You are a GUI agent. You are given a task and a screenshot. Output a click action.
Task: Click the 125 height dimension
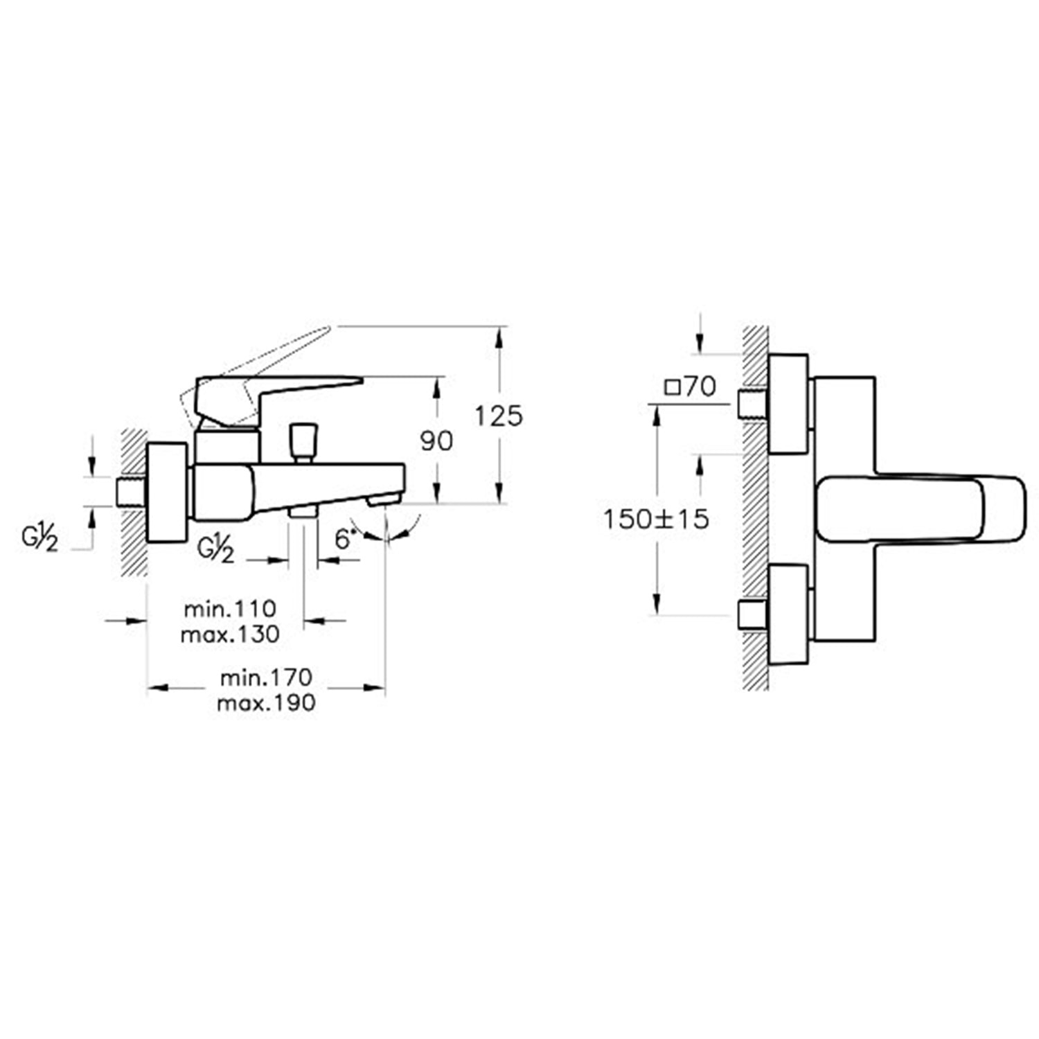[498, 416]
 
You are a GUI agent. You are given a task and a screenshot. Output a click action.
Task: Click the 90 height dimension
[436, 441]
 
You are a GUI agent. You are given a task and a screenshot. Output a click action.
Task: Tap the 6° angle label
[344, 539]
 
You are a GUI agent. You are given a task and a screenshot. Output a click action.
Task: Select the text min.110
[230, 609]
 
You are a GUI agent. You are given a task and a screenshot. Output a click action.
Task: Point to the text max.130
[230, 634]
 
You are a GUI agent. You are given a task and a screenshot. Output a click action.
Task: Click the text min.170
[266, 677]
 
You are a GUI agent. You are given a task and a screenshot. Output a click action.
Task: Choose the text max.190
[266, 702]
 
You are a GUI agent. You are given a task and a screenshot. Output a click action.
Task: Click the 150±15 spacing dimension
[656, 519]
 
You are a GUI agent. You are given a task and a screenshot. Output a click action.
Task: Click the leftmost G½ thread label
[39, 538]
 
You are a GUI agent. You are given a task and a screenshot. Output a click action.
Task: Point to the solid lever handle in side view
[277, 391]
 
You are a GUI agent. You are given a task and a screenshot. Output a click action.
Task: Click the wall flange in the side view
[167, 492]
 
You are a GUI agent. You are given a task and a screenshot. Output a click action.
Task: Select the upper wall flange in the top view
[788, 404]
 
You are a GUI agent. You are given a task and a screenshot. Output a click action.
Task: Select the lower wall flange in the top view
[788, 614]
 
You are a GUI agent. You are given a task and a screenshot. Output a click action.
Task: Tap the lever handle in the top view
[921, 508]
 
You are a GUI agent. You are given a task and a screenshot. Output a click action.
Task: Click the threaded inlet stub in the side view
[130, 491]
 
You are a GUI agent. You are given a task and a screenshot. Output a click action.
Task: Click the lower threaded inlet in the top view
[752, 614]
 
